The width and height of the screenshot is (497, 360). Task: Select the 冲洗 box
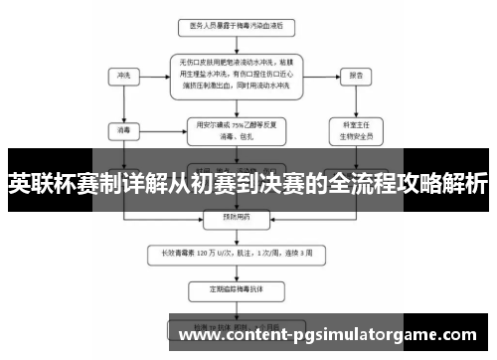click(123, 75)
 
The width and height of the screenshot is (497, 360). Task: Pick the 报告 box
click(355, 75)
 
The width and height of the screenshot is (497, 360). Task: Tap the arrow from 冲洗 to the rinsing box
click(154, 76)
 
